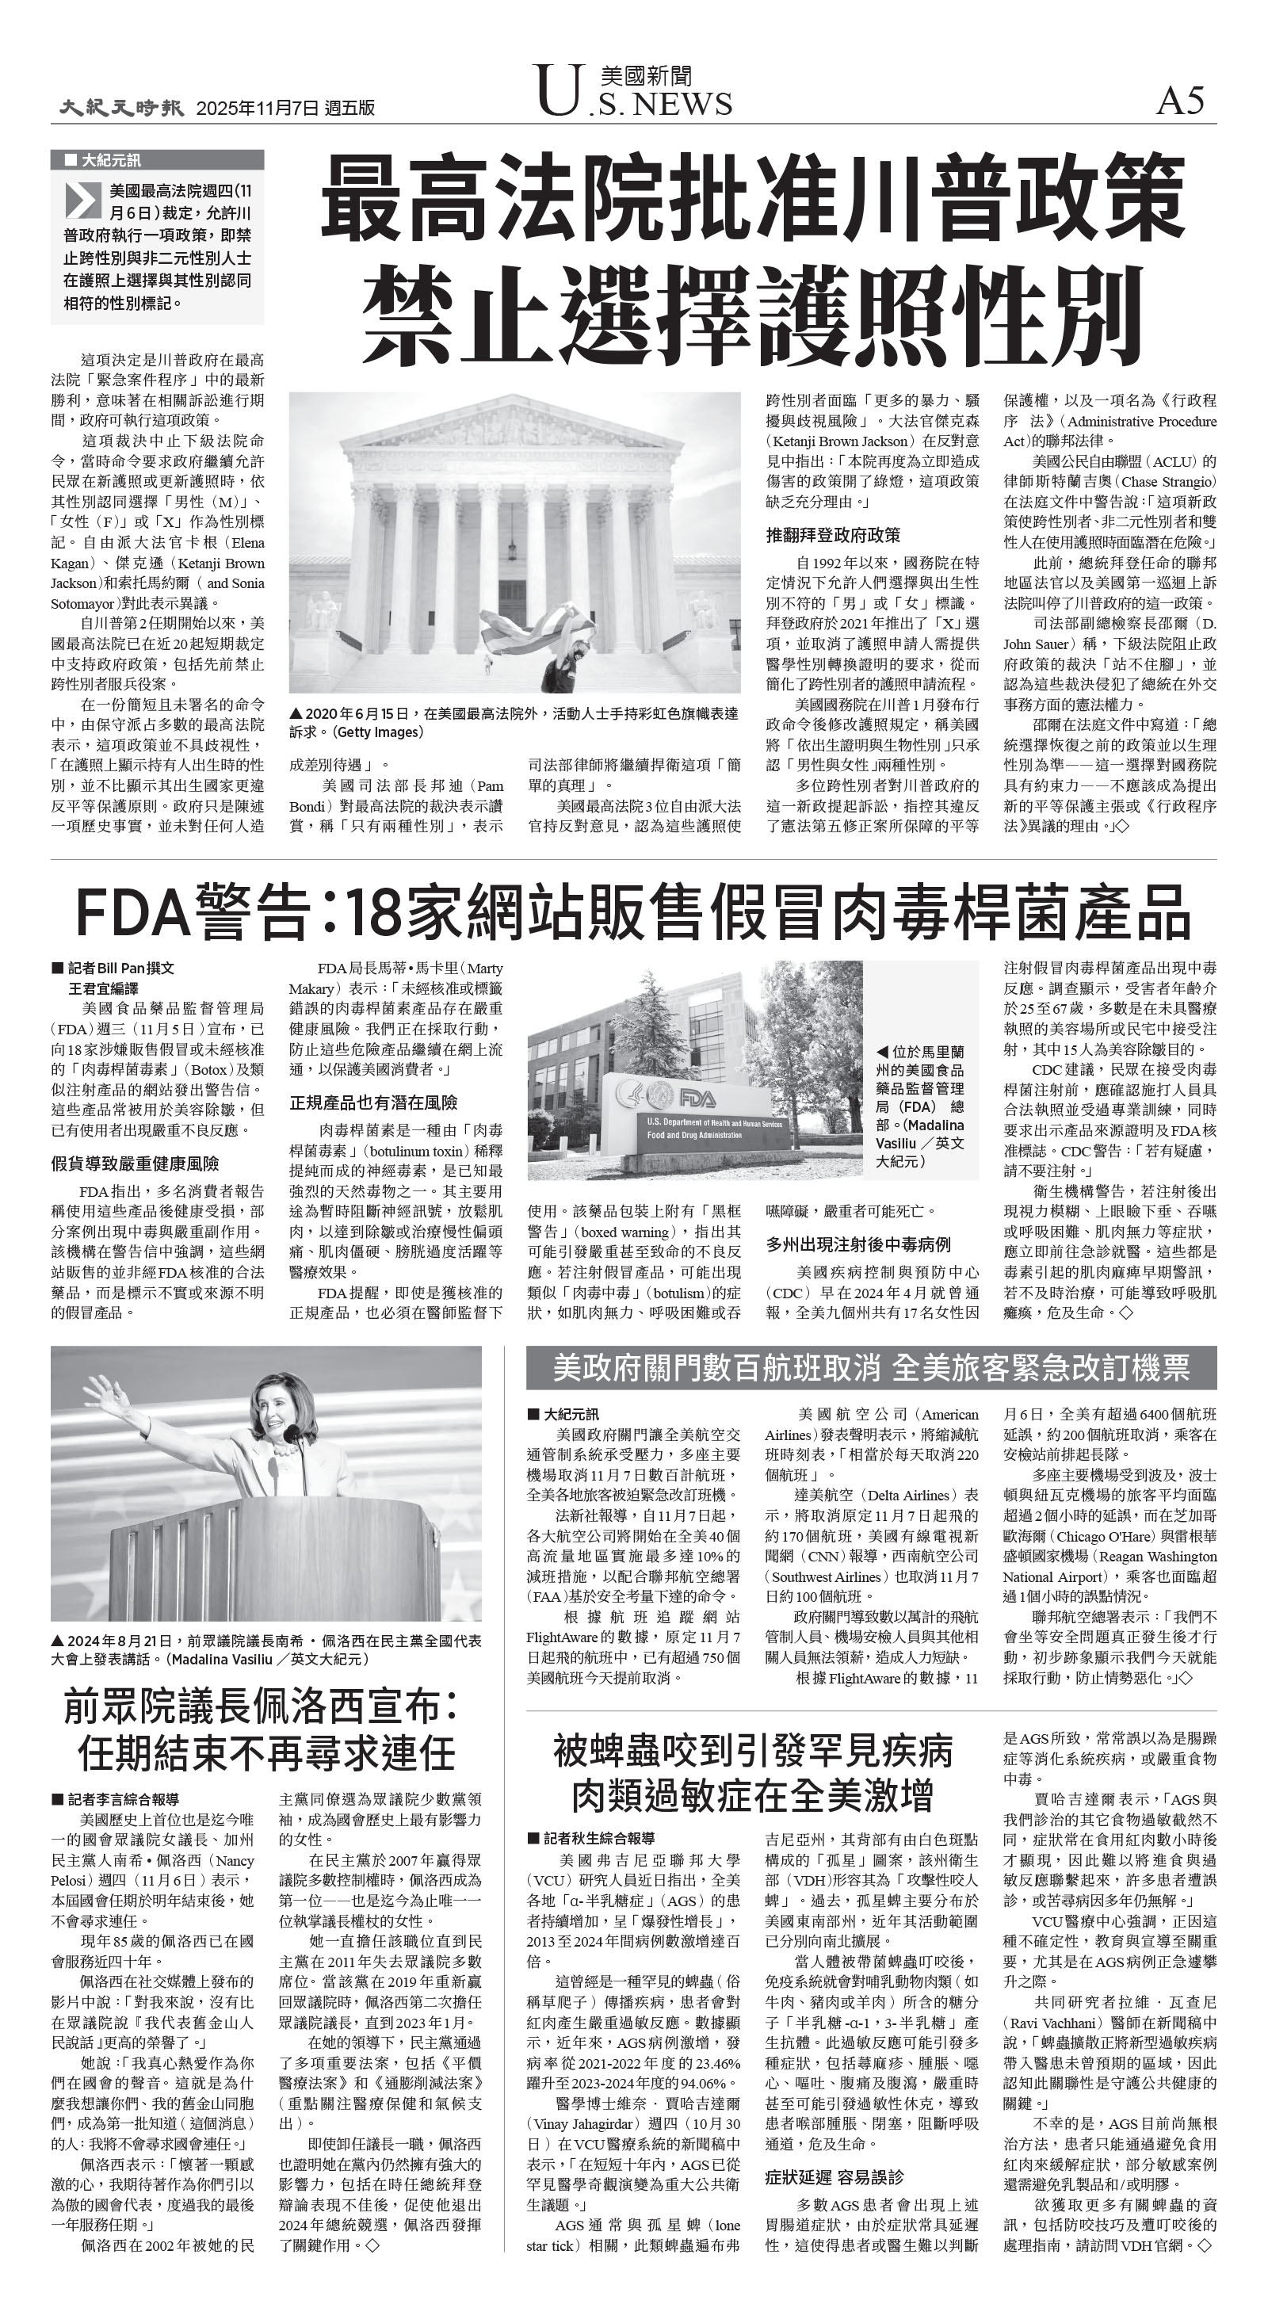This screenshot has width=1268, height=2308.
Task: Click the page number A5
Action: [x=1180, y=101]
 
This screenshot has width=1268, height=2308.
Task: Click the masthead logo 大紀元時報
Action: [x=122, y=108]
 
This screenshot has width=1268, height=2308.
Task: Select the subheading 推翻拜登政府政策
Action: [x=832, y=535]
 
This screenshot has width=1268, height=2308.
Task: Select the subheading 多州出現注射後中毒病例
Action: [x=857, y=1244]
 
